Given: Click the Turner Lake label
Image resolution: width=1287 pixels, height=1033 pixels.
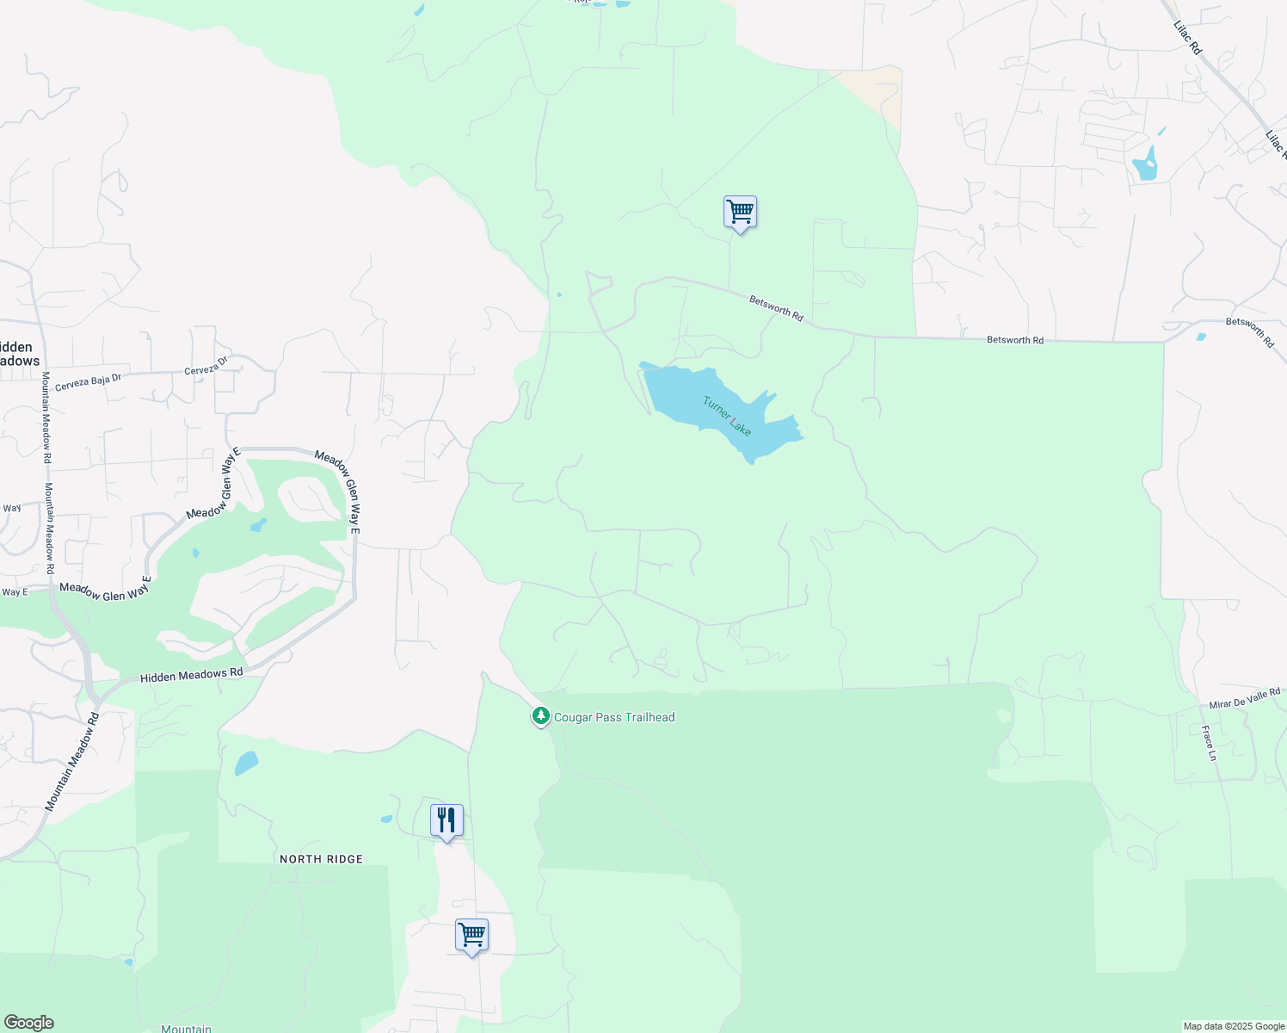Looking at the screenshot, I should tap(727, 416).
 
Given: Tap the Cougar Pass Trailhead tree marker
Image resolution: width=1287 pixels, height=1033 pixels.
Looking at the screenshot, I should tap(540, 715).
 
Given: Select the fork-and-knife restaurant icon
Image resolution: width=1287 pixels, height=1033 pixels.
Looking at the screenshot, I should tap(446, 820).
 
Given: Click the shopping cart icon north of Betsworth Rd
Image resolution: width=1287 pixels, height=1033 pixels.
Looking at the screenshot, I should tap(740, 211).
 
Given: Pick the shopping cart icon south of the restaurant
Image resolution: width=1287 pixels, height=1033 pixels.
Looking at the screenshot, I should tap(471, 935).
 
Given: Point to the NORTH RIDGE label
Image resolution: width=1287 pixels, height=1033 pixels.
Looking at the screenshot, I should tap(321, 859).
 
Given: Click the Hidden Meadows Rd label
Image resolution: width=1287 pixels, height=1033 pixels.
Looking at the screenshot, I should tap(191, 676).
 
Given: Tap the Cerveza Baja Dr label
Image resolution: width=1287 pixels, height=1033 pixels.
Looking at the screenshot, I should tap(89, 382).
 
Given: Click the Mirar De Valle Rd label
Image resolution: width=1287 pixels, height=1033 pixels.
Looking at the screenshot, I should tap(1245, 698).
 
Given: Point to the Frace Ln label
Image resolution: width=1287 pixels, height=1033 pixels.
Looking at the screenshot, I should tap(1210, 744).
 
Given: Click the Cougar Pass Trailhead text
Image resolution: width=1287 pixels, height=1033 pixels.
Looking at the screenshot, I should tap(614, 717).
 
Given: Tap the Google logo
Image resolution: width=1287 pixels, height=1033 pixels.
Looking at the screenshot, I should tap(29, 1023).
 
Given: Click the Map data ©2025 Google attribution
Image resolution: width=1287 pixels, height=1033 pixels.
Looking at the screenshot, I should tap(1234, 1026).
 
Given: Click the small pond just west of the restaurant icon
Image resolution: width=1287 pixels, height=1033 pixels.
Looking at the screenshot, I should tap(386, 820).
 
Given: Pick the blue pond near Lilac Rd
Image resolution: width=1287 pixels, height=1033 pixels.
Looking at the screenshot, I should tap(1145, 164).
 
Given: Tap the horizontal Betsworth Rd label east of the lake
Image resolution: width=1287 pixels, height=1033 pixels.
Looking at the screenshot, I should tap(1015, 340).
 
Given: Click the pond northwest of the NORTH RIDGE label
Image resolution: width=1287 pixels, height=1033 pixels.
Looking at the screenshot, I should tap(246, 764).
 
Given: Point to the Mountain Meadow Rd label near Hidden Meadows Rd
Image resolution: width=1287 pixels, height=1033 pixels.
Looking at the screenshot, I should tap(73, 761).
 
